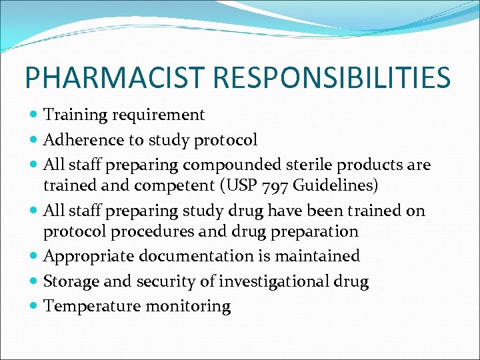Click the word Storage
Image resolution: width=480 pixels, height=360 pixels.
[x=69, y=282]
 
